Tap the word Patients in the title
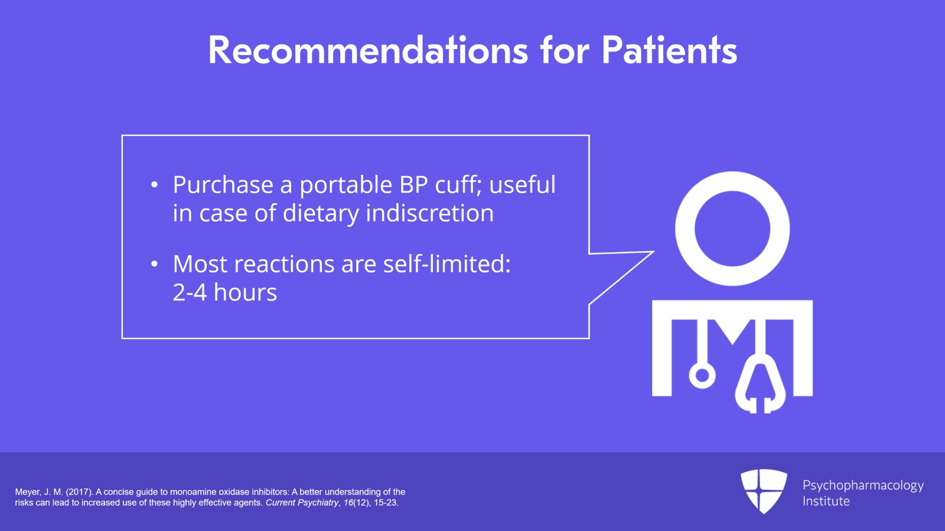(x=669, y=50)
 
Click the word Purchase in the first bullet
(x=223, y=185)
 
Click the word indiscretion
(x=429, y=213)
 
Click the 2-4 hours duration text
(x=224, y=292)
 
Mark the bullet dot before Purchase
(x=154, y=185)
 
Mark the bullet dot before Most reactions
(x=154, y=264)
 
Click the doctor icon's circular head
(x=732, y=229)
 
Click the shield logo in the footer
(x=764, y=491)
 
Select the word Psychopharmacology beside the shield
(x=863, y=486)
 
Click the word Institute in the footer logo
(x=826, y=501)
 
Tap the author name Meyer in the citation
(x=27, y=492)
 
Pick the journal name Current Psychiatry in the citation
(x=302, y=503)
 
